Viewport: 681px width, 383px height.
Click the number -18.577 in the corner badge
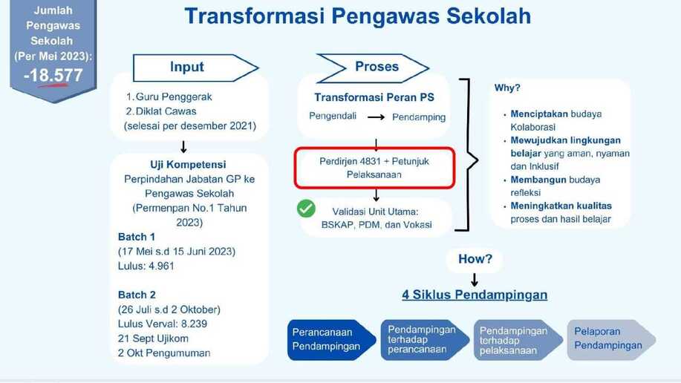pos(53,76)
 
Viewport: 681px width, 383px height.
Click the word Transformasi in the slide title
pos(255,16)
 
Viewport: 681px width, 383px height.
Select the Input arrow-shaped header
pos(195,68)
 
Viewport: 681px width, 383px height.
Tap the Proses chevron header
pos(373,68)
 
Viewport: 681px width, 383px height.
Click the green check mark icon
pos(306,209)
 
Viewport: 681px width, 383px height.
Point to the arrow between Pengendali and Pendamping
pos(376,117)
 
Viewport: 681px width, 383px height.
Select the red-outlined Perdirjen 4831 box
pos(374,168)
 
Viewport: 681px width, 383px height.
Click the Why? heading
pos(506,88)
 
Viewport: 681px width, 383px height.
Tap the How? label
pos(475,259)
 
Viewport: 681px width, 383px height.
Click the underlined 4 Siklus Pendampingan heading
pos(475,295)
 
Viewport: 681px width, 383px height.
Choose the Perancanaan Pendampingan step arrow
pos(331,340)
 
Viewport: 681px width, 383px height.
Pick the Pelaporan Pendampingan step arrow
pos(611,340)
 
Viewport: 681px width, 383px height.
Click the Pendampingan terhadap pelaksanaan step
pos(518,340)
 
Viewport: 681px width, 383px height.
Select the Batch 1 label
pos(137,237)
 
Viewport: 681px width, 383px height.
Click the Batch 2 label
pos(137,295)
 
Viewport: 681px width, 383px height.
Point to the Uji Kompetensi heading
pos(188,165)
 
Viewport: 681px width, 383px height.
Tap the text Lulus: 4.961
pos(146,266)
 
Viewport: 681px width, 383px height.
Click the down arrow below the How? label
pos(475,280)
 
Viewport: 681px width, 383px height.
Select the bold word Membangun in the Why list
pos(538,180)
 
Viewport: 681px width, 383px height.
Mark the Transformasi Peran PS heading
pos(374,97)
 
